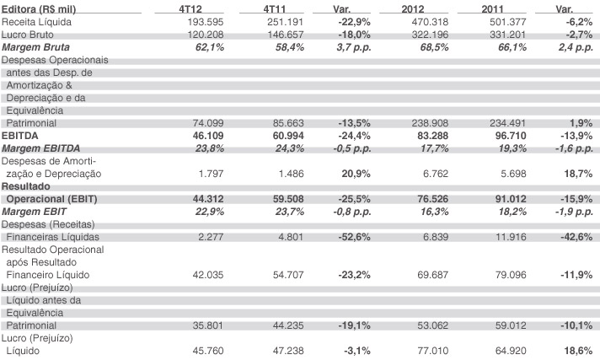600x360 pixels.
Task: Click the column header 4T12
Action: click(x=190, y=8)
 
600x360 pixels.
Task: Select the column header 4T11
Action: click(x=275, y=8)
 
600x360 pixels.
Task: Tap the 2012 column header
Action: click(x=413, y=8)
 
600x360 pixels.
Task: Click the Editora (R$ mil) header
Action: click(x=39, y=9)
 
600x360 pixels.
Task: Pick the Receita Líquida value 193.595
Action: click(x=205, y=22)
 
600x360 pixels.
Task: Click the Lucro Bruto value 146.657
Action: click(x=286, y=35)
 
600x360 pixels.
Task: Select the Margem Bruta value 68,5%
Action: click(x=434, y=47)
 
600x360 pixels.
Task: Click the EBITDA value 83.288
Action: click(x=433, y=136)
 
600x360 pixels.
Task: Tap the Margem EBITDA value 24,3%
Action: click(x=290, y=148)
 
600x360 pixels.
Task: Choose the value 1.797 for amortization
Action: click(x=211, y=174)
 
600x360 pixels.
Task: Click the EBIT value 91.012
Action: click(x=511, y=199)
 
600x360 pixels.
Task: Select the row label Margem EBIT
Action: click(x=34, y=212)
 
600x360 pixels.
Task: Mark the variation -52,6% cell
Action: click(x=354, y=237)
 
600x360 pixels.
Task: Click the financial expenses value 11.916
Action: click(x=511, y=237)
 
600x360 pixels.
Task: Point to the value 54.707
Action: click(x=288, y=275)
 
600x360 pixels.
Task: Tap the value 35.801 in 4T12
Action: click(x=208, y=325)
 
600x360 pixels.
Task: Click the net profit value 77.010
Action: click(x=433, y=351)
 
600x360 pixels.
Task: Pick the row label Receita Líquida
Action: click(x=36, y=22)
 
